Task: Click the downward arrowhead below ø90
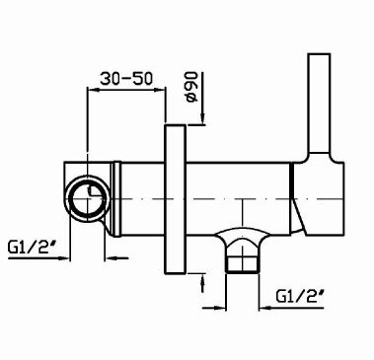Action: click(202, 120)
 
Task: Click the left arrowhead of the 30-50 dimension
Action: click(94, 90)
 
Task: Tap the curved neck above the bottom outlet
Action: click(238, 238)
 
